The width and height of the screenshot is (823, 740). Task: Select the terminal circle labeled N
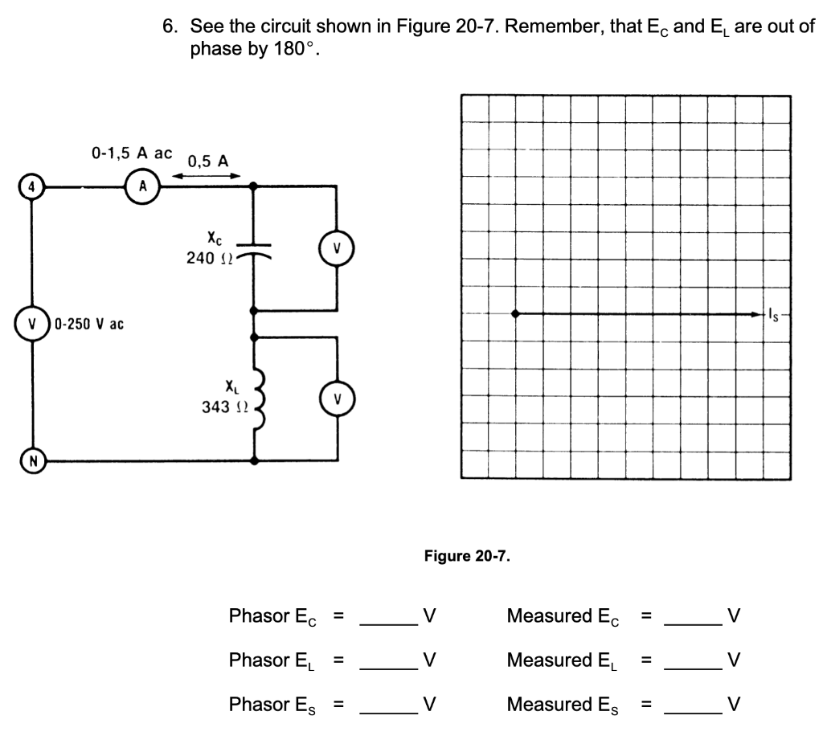point(31,461)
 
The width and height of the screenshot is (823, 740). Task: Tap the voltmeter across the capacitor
point(336,247)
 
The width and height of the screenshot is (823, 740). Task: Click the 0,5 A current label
point(207,161)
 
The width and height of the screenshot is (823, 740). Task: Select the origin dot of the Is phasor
point(517,314)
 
